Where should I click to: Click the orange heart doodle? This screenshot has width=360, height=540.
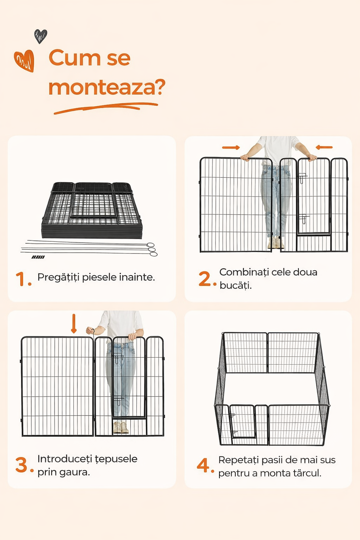24,61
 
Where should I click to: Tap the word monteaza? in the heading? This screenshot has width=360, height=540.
107,87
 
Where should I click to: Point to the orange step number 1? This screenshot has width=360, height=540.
24,279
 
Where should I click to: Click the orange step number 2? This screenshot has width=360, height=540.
207,279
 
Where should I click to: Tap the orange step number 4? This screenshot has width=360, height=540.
205,465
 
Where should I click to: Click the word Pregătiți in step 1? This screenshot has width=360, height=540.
58,277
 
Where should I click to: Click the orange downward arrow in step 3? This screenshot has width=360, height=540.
74,324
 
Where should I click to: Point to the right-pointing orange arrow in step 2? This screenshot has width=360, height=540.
231,147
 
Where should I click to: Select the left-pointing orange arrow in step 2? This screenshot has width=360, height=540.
324,147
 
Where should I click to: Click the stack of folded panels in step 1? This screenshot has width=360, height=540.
92,210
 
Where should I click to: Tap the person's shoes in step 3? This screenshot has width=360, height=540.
121,427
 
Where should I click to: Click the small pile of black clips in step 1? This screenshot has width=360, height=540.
38,257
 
